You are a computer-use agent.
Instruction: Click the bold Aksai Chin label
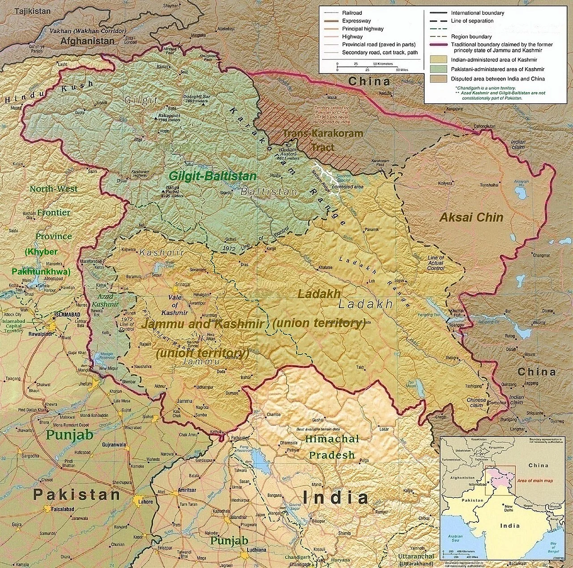(x=471, y=218)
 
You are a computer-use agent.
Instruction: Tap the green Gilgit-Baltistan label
(x=212, y=176)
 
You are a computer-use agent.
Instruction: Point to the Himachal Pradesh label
(x=332, y=447)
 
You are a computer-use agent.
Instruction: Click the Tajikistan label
(x=32, y=11)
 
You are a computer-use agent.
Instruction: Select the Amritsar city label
(x=187, y=490)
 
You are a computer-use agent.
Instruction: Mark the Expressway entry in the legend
(x=356, y=21)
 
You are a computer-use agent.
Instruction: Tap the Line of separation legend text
(x=472, y=21)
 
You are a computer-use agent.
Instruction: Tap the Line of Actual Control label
(x=435, y=263)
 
